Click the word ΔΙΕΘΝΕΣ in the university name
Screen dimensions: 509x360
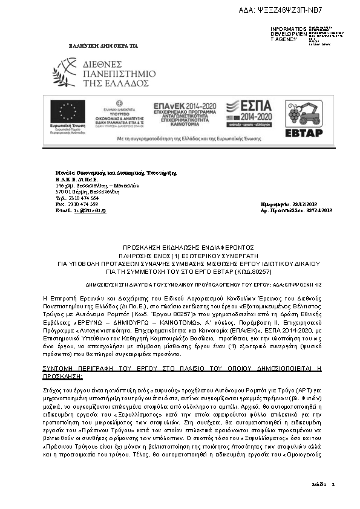101,63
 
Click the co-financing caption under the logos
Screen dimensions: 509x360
180,138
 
